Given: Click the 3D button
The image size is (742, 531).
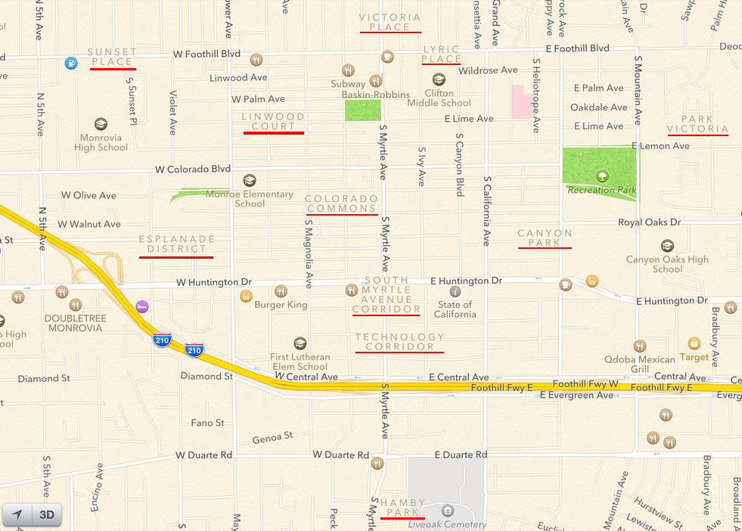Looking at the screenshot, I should point(47,515).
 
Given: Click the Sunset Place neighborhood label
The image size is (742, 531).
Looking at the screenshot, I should point(113,57).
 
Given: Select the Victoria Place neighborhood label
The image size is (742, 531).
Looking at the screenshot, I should point(390,22).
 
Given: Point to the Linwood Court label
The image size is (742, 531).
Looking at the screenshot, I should point(274,122).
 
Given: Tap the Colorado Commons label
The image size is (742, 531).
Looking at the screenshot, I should point(342,203).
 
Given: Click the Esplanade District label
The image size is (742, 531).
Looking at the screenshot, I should point(177,244).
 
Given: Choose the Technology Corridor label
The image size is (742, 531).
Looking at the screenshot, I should point(400,342).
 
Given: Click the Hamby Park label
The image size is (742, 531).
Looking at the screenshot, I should point(403,507).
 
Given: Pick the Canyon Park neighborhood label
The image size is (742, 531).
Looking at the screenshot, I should point(545,238).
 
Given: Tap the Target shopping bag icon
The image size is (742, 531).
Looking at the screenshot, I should point(694,343).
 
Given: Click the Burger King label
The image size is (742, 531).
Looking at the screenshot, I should point(281,305).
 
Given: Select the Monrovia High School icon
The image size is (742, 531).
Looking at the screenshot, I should point(101,124).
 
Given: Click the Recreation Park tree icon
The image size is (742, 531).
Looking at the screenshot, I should point(602,176).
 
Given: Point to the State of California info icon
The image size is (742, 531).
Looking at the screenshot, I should point(455,291).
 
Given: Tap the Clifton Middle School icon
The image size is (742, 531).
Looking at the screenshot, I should point(439,79).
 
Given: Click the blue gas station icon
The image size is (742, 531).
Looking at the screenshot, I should point(70,63).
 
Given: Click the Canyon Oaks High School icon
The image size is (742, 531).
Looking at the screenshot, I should point(667,246).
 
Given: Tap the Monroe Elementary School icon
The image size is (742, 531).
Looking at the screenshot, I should point(249,181).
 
